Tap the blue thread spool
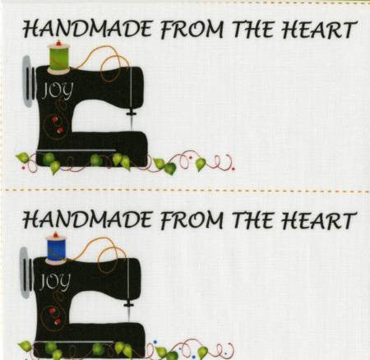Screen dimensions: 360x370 (56, 247)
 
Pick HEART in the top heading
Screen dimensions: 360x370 (321, 30)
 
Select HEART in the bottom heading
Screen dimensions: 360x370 (321, 220)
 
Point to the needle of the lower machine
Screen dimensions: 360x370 (130, 311)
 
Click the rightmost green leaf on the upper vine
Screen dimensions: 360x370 (201, 164)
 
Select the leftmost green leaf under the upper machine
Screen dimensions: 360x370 (23, 156)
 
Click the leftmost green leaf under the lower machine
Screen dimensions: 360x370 (25, 346)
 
